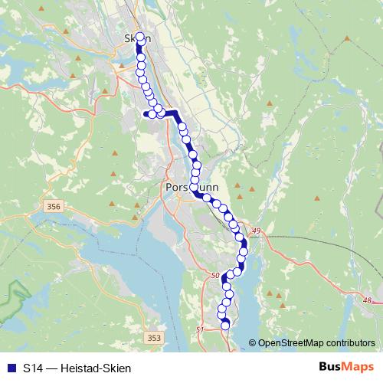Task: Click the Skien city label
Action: pos(137,38)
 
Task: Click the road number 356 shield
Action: pos(53,207)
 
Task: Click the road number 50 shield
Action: pos(214,274)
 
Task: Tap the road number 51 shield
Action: pos(201,329)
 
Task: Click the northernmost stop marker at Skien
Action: pos(139,36)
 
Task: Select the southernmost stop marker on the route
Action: pos(225,326)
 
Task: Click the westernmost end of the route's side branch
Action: pos(146,115)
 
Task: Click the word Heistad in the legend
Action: pos(84,368)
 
